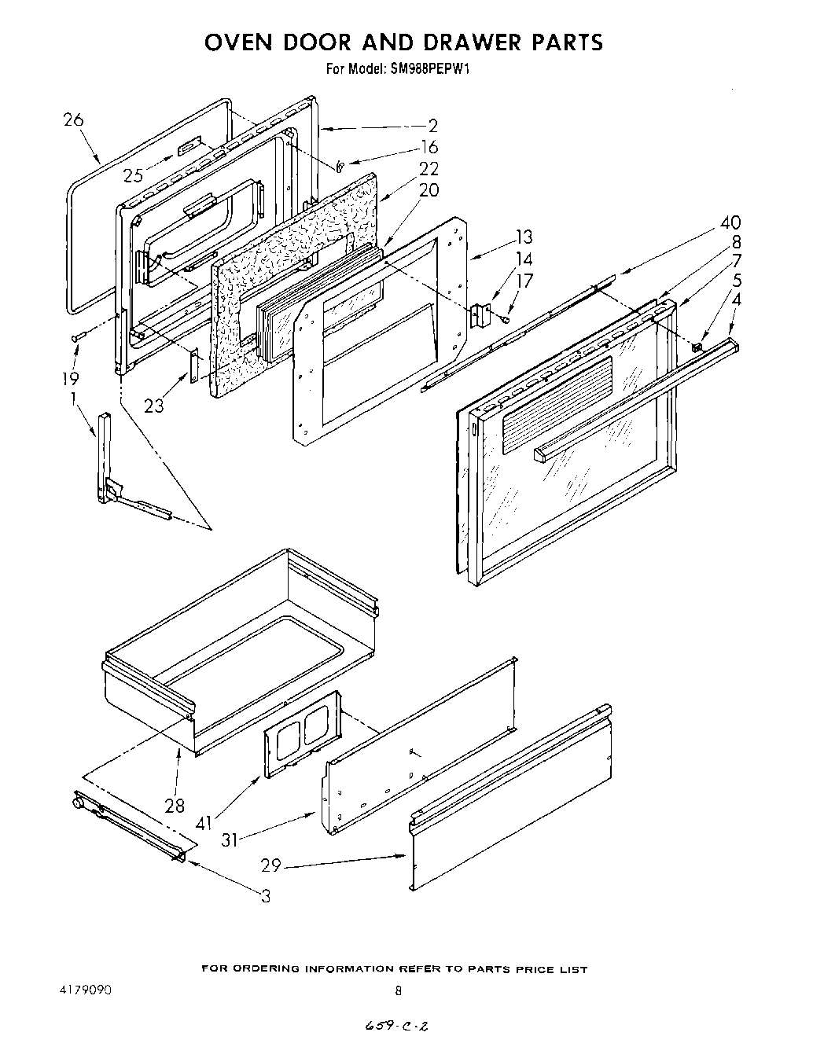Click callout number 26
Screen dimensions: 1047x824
click(73, 120)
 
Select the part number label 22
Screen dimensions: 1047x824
click(429, 168)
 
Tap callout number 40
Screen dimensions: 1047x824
click(729, 222)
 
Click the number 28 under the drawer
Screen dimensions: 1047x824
click(175, 805)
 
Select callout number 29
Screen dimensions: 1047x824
click(271, 865)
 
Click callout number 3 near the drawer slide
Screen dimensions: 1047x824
click(266, 895)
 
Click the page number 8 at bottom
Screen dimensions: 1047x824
click(398, 991)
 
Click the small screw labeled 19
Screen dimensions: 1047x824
click(77, 336)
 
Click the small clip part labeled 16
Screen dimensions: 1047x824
click(340, 166)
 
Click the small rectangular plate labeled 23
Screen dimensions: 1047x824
click(193, 366)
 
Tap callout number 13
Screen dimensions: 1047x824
click(524, 237)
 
